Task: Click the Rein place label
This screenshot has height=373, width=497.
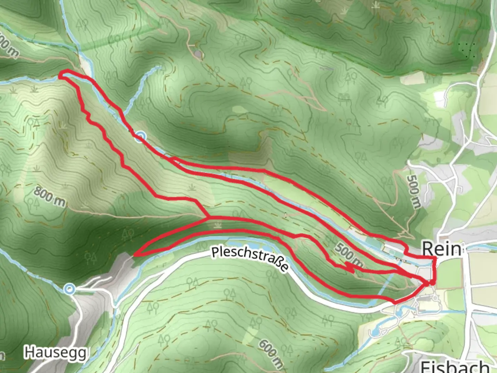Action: click(441, 248)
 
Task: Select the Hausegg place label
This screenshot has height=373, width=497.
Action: click(55, 353)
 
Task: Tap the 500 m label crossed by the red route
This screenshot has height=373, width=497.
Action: click(349, 255)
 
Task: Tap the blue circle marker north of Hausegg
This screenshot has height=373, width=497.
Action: click(70, 289)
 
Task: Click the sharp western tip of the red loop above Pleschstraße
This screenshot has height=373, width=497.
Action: click(135, 255)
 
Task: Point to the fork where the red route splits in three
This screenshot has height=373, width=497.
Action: click(208, 218)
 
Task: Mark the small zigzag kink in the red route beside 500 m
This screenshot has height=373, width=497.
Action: click(349, 267)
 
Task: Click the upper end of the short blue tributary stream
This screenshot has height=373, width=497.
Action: click(159, 68)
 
